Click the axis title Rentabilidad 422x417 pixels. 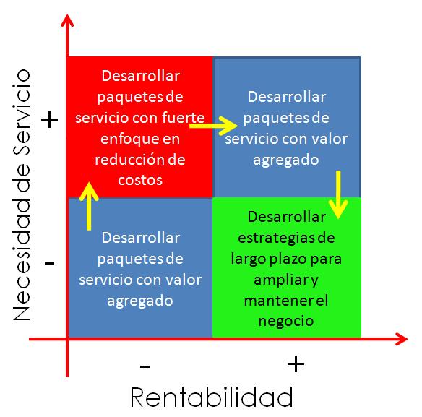pos(212,397)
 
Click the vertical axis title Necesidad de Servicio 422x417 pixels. pos(22,195)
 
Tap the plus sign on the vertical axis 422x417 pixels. pos(50,120)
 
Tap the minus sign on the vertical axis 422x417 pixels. pos(50,263)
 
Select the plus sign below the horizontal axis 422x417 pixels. pos(296,364)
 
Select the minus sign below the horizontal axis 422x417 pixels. pos(145,366)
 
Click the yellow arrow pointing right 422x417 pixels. pos(213,126)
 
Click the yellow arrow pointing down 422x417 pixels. pos(338,194)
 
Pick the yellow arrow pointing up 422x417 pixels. pos(89,206)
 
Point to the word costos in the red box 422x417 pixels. pos(140,180)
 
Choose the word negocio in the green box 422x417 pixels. pos(286,321)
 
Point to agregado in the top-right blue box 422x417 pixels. pos(286,160)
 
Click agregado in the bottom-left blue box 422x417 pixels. pos(140,301)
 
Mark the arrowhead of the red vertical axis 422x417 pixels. pos(67,20)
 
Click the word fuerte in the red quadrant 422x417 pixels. pos(184,117)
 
